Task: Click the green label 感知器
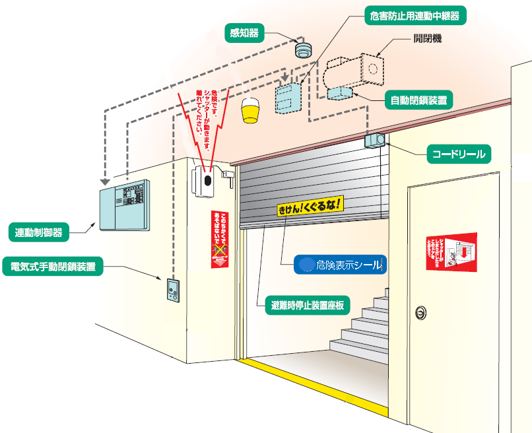(x=244, y=32)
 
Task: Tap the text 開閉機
(x=427, y=39)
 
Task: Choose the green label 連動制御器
(x=40, y=232)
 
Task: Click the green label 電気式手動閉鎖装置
(x=53, y=267)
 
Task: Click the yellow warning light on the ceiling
(x=249, y=110)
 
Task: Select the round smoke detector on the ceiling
(x=303, y=50)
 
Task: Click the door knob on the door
(x=420, y=311)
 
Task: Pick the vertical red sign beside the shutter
(x=220, y=239)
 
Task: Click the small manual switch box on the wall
(x=172, y=290)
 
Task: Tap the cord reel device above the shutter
(x=376, y=140)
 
